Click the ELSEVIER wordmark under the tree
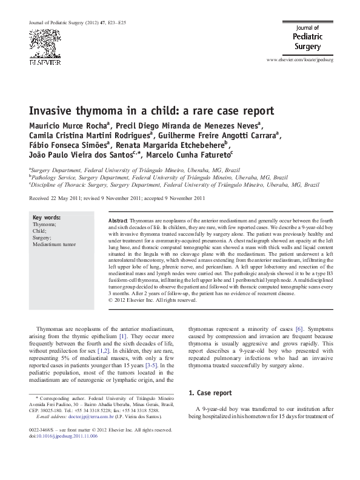point(42,61)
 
